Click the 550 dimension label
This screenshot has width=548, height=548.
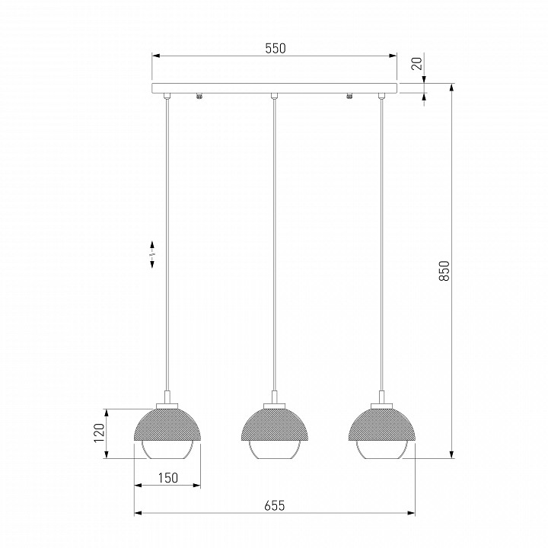(276, 49)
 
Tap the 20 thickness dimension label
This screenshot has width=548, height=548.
(417, 63)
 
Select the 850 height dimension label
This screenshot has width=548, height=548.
(444, 270)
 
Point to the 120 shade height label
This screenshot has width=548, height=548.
(99, 432)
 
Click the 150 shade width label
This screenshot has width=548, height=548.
(167, 478)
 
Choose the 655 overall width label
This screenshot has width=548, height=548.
(275, 505)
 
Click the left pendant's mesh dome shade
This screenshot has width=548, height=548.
(167, 424)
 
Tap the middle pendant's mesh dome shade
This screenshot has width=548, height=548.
(275, 424)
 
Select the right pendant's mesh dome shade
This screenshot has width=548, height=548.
(382, 424)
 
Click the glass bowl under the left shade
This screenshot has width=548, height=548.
(167, 451)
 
